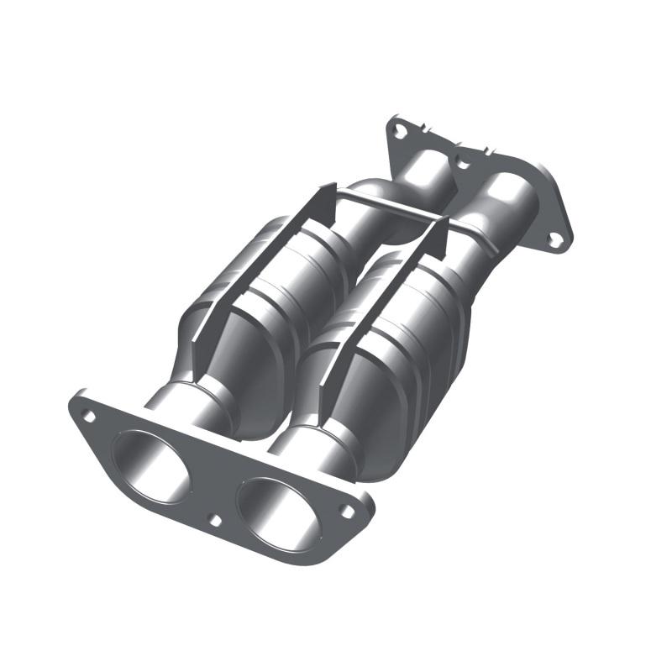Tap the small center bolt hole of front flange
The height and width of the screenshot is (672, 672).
coord(215,520)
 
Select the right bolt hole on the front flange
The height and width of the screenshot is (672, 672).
coord(346,510)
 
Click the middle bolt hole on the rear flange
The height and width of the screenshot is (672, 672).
coord(460,156)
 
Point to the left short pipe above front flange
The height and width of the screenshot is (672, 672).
coord(189,403)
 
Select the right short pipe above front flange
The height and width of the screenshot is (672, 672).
coord(311,449)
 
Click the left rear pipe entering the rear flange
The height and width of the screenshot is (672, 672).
coord(420,176)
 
